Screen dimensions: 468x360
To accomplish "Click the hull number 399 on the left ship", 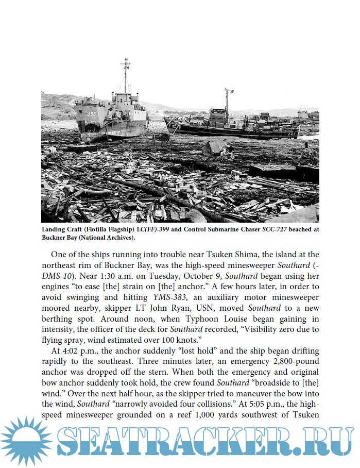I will [92, 114].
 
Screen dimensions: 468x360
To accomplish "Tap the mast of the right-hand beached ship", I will [226, 102].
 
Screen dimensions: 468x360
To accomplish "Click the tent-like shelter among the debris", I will [213, 148].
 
